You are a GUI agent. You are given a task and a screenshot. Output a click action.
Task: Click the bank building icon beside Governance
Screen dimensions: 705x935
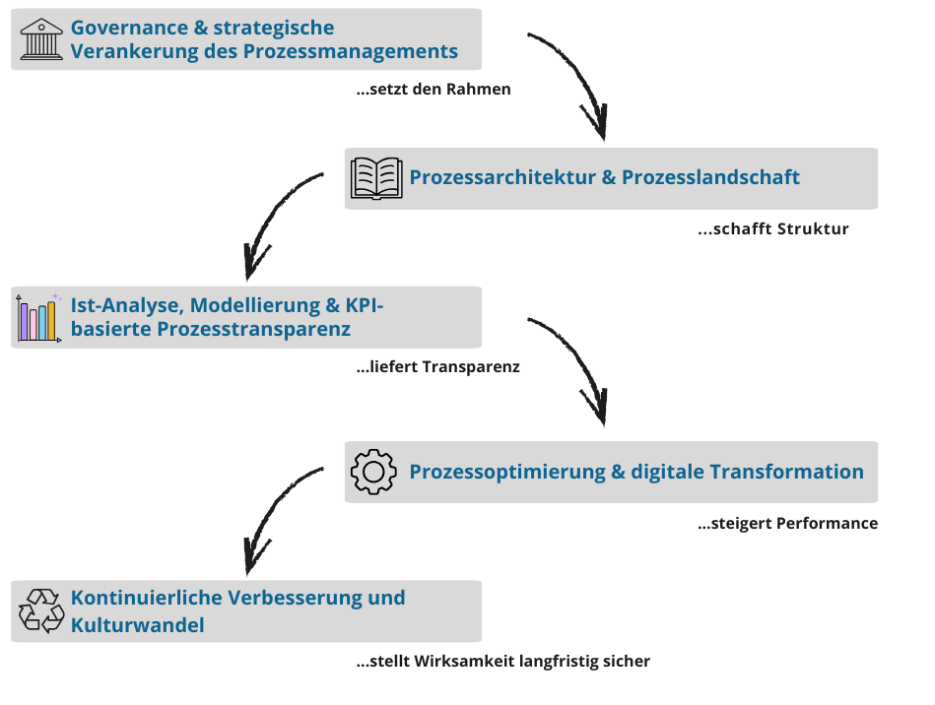click(41, 39)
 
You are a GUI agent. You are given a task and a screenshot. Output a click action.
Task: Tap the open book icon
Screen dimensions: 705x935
click(376, 178)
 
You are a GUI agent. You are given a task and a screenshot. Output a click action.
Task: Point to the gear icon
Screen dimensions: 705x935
click(373, 472)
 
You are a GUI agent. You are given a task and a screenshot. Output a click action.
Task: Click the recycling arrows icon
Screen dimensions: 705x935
click(41, 610)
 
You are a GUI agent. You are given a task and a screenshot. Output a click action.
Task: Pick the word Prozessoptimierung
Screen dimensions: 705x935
click(507, 472)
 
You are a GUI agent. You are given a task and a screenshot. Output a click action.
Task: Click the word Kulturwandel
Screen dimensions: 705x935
click(137, 624)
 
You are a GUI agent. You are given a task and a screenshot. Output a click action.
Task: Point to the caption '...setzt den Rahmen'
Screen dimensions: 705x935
click(434, 90)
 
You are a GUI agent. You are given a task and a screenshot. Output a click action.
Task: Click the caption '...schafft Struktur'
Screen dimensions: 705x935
click(772, 229)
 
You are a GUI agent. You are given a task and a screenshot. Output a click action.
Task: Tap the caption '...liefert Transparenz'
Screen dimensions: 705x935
click(437, 367)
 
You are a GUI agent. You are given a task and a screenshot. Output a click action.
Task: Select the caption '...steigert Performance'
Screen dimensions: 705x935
click(787, 523)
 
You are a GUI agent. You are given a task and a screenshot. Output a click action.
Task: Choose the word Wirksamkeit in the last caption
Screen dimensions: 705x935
click(461, 662)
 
